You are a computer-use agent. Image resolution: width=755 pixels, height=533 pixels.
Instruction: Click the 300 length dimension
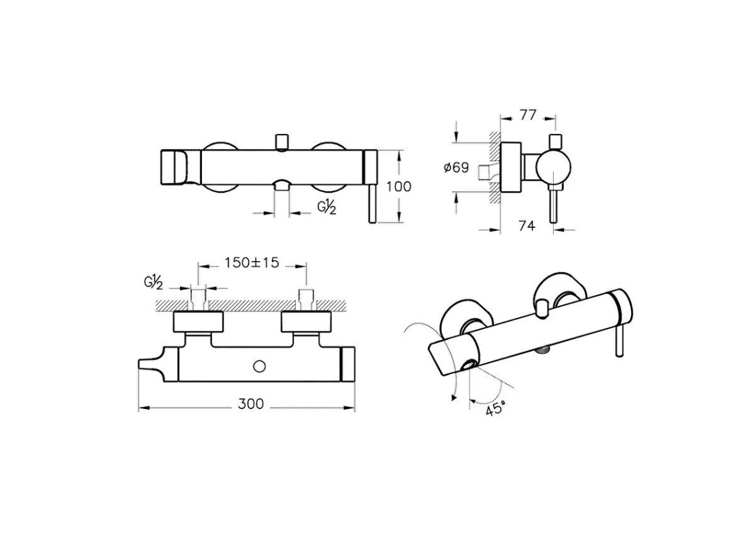pyautogui.click(x=251, y=404)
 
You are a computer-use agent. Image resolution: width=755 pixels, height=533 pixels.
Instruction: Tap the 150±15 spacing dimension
pyautogui.click(x=252, y=263)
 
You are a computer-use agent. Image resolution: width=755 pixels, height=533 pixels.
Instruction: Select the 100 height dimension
pyautogui.click(x=399, y=187)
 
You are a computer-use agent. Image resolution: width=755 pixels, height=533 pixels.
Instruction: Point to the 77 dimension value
pyautogui.click(x=528, y=115)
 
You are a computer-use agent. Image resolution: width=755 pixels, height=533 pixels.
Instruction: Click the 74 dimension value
pyautogui.click(x=526, y=225)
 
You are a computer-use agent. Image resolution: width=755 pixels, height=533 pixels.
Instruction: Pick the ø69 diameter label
pyautogui.click(x=456, y=167)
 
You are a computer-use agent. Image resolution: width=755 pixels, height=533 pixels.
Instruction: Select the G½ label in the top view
pyautogui.click(x=153, y=282)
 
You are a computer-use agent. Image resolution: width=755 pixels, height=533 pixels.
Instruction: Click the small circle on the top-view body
pyautogui.click(x=259, y=366)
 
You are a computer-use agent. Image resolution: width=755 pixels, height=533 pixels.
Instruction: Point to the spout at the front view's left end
pyautogui.click(x=179, y=167)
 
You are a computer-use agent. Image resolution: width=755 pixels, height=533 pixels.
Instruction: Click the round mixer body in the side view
pyautogui.click(x=553, y=168)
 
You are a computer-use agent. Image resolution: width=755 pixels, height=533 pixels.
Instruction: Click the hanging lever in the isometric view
pyautogui.click(x=620, y=340)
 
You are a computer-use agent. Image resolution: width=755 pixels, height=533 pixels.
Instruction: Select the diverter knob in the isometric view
pyautogui.click(x=543, y=308)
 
